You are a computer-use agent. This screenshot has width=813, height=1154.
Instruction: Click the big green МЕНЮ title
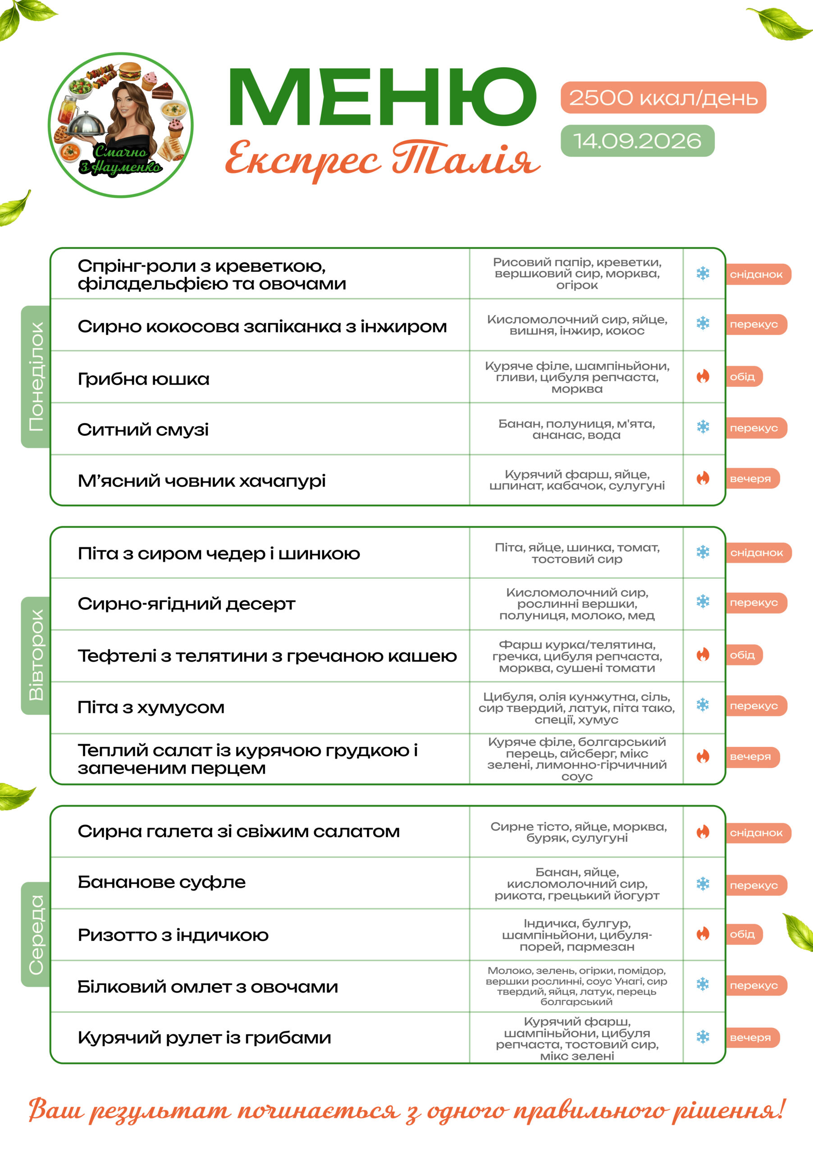click(x=383, y=96)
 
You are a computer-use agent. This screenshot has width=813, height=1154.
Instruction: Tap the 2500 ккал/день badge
click(x=663, y=97)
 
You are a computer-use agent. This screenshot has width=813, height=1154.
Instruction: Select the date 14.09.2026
click(x=638, y=141)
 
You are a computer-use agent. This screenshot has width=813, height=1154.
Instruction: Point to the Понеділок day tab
click(x=36, y=376)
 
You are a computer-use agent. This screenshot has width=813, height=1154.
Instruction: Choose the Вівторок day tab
click(x=36, y=655)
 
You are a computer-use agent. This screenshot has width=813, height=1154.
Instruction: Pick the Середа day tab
click(x=36, y=934)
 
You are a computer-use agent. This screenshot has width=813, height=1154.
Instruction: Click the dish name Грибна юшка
click(x=143, y=379)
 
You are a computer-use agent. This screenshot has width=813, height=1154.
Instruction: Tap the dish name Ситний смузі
click(x=143, y=430)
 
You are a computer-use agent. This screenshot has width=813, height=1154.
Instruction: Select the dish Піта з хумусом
click(x=151, y=708)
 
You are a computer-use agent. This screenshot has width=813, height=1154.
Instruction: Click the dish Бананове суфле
click(x=161, y=883)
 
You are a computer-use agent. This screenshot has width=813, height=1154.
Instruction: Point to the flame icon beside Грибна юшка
click(x=703, y=376)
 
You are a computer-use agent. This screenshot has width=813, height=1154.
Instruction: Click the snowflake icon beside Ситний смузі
click(x=703, y=427)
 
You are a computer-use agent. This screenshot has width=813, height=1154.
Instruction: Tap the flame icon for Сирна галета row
click(x=703, y=832)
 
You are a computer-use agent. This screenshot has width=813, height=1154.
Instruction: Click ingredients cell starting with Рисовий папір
click(x=577, y=274)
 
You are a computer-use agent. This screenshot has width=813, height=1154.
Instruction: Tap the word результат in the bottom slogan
click(x=160, y=1110)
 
